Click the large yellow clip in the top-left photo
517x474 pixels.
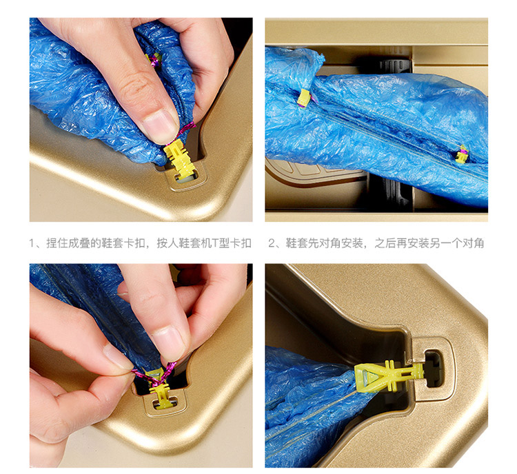click(x=181, y=158)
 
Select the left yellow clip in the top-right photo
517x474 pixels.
click(x=304, y=99)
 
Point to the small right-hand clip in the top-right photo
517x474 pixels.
click(x=462, y=154)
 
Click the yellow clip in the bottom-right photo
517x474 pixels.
click(x=388, y=375)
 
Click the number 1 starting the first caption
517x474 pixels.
click(x=32, y=243)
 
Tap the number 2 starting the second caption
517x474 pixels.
click(x=272, y=243)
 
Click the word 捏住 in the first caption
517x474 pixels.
click(x=57, y=243)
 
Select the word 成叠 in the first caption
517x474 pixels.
click(x=79, y=243)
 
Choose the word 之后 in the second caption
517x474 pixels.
click(x=385, y=243)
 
